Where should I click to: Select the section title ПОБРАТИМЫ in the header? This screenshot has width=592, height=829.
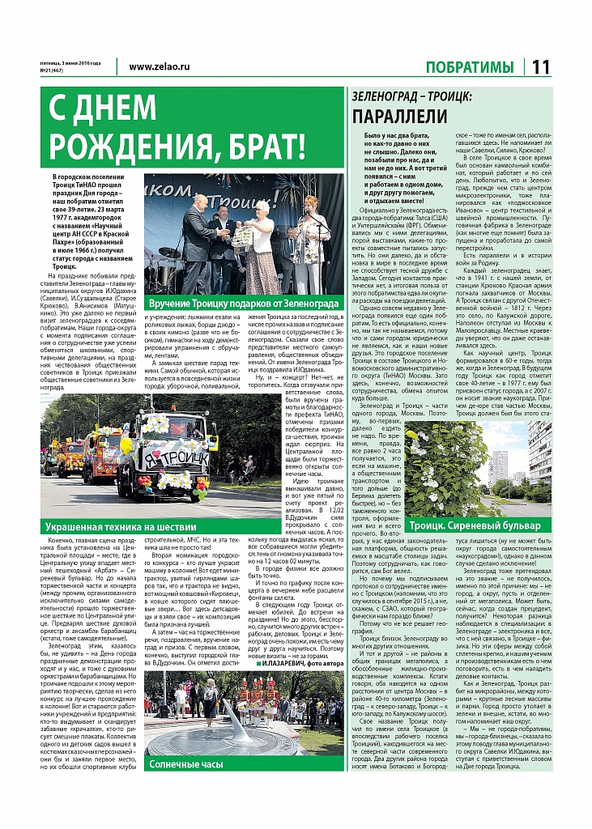tap(470, 67)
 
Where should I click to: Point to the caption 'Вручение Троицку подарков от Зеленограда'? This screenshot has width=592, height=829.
tap(244, 303)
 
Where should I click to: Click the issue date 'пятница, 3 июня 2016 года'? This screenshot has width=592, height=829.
tap(70, 62)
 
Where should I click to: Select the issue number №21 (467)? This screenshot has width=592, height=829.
tap(53, 70)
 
